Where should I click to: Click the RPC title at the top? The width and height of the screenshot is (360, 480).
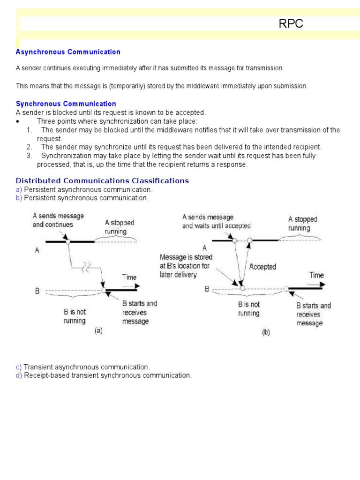pos(291,24)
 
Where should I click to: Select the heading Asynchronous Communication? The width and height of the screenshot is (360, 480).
pos(68,52)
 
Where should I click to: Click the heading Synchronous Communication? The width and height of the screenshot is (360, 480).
pos(66,104)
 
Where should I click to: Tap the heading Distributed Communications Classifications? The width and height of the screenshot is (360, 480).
pos(102,180)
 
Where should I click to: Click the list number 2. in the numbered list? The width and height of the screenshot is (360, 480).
pos(29,147)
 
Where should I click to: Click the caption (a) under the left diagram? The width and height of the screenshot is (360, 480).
pos(98,330)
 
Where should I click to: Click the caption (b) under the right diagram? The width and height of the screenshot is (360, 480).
pos(265,333)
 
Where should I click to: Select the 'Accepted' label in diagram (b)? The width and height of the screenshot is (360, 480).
pos(262,267)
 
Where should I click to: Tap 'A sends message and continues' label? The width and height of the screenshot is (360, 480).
pos(58,220)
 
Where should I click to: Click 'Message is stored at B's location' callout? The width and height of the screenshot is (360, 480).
pos(186,266)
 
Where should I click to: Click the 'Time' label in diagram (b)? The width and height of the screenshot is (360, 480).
pos(316,275)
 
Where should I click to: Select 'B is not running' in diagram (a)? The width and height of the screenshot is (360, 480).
pos(75,316)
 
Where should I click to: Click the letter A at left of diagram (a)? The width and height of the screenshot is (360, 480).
pos(37,250)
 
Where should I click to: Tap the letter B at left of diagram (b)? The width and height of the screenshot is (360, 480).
pos(207,289)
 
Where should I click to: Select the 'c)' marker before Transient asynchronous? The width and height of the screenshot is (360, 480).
pos(19,367)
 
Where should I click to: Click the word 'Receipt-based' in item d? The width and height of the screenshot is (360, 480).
pos(45,375)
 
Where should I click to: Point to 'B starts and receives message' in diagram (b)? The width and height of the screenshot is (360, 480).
pos(314,314)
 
